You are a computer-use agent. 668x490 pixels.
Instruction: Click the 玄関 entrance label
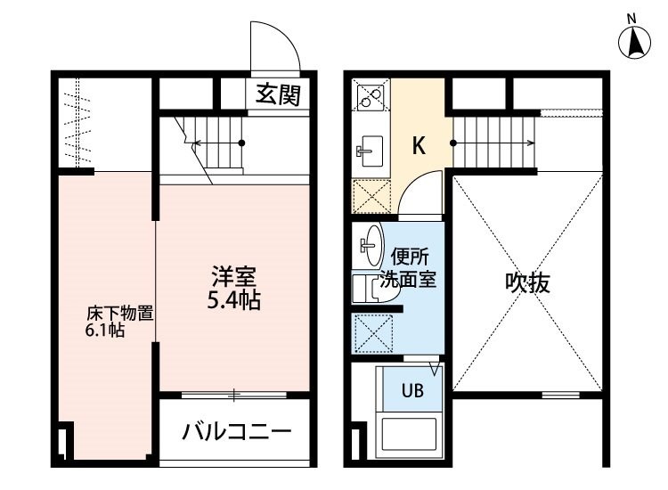278,95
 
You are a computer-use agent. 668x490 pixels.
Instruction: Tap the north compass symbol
634,38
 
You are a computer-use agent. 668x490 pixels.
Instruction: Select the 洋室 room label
234,276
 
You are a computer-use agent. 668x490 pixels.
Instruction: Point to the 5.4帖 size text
234,300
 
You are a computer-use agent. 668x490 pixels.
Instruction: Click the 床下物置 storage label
119,314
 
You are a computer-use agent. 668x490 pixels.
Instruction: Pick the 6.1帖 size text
105,331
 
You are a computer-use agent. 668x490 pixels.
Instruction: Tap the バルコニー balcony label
237,431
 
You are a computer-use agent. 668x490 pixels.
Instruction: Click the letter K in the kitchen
419,145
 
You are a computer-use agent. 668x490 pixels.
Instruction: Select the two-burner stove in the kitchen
371,98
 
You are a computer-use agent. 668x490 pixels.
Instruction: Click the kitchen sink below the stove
370,151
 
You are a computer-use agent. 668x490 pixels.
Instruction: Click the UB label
412,390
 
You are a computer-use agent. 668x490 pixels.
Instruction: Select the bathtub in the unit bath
409,434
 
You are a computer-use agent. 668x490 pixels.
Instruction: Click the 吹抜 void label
527,282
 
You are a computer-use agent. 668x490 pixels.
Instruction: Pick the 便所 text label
410,257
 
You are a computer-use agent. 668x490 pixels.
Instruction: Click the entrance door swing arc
285,38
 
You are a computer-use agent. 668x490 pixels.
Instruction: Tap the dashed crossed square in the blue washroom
373,333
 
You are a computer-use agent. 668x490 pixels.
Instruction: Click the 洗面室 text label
408,279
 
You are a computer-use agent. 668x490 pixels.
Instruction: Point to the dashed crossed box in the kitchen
371,196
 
